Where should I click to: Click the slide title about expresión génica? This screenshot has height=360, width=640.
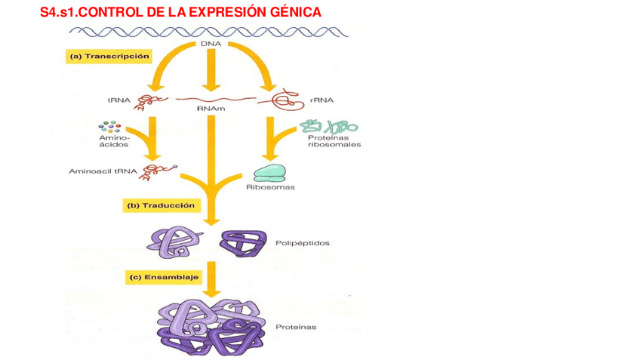tap(180, 12)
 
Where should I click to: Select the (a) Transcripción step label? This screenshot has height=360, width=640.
tap(109, 57)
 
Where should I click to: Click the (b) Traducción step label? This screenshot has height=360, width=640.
tap(161, 205)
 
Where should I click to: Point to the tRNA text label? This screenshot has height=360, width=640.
tap(118, 100)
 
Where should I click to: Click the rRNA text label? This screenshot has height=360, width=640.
tap(321, 100)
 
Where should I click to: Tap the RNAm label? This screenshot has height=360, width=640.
tap(210, 109)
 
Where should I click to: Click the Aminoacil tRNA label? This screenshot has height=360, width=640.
tap(102, 171)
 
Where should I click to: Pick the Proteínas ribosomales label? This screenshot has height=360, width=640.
tap(332, 142)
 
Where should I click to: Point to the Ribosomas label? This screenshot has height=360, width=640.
tap(270, 187)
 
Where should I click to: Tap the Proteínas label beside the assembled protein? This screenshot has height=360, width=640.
tap(296, 327)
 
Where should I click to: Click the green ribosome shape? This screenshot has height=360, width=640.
tap(270, 173)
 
